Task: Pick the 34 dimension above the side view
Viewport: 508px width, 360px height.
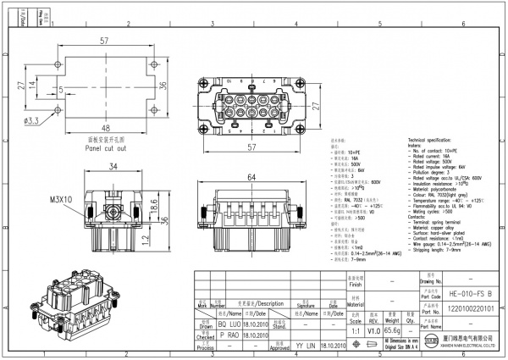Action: [x=113, y=168]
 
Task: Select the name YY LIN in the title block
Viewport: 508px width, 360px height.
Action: [x=306, y=346]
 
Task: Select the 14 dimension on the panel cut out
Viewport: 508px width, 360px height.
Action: [x=32, y=85]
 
